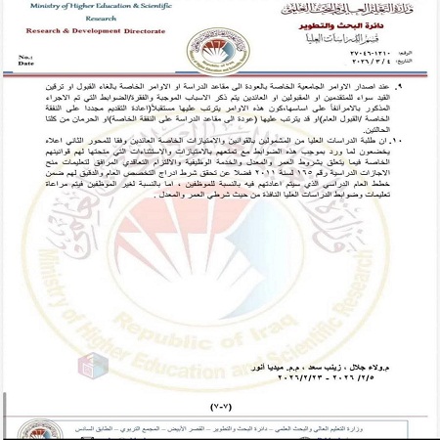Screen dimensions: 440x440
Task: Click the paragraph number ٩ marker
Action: click(x=423, y=90)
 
